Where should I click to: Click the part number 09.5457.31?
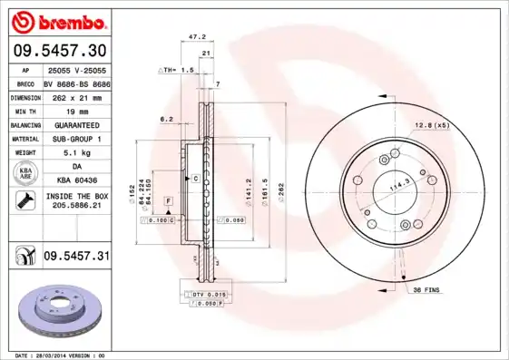[x=76, y=257]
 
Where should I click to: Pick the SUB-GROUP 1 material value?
[x=75, y=138]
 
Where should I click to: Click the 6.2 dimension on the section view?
[x=166, y=119]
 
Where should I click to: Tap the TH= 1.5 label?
[x=178, y=69]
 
